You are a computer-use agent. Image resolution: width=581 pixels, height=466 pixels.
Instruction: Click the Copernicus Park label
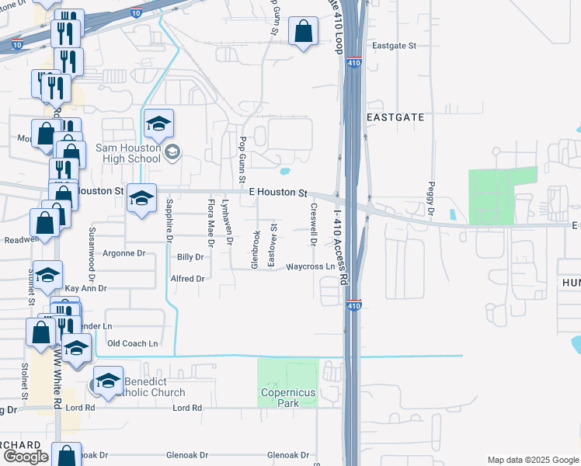click(x=288, y=398)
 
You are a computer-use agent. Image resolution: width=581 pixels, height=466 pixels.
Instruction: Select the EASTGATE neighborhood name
click(x=395, y=117)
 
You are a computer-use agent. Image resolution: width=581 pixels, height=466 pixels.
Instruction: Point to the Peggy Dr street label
click(x=430, y=199)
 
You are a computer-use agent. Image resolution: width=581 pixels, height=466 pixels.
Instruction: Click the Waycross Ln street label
click(x=310, y=266)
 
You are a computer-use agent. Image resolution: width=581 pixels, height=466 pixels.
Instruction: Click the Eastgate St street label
click(x=394, y=46)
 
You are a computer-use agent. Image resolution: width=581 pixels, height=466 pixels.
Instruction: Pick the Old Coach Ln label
click(x=132, y=343)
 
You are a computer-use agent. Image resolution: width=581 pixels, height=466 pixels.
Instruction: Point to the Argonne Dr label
click(x=125, y=253)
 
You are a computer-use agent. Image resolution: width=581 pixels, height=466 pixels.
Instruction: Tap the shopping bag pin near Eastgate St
click(x=303, y=32)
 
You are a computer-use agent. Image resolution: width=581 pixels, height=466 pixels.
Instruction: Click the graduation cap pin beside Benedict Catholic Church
click(x=108, y=381)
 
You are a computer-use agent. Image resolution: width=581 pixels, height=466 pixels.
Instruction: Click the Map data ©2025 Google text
click(x=532, y=460)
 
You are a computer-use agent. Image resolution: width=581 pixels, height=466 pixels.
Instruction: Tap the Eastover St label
click(x=272, y=245)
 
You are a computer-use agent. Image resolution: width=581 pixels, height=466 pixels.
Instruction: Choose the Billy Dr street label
click(x=190, y=256)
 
